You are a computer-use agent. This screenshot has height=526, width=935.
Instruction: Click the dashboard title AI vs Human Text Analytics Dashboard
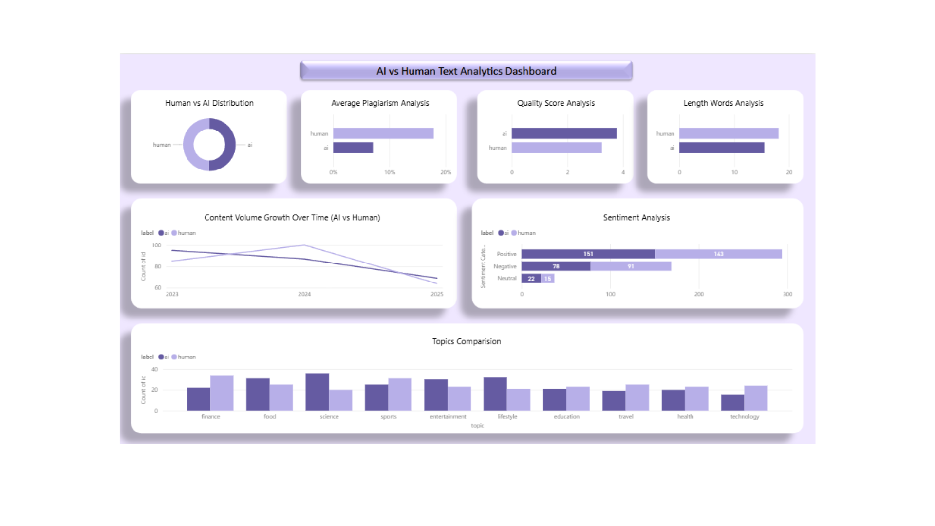(x=466, y=71)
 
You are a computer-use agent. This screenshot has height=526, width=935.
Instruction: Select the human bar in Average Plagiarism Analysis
(x=383, y=133)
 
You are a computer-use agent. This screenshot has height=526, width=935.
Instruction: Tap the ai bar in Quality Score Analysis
(x=564, y=133)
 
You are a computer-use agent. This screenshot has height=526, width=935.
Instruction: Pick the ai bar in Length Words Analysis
(x=721, y=148)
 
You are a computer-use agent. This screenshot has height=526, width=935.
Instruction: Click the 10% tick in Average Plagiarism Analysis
(x=390, y=172)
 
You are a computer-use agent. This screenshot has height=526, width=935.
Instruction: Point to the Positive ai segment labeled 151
(x=588, y=254)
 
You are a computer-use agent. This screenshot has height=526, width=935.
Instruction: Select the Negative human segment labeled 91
(x=631, y=266)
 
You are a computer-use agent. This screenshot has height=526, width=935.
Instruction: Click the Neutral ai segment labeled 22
(x=531, y=279)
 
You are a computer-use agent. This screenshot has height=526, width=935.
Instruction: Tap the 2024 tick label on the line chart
(x=304, y=294)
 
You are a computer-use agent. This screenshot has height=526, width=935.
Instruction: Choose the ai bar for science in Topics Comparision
(x=317, y=392)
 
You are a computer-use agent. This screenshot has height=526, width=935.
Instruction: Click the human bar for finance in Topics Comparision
(x=222, y=393)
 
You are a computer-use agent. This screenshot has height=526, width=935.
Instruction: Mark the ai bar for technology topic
(x=732, y=403)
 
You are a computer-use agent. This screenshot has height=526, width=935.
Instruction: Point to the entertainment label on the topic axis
(x=448, y=417)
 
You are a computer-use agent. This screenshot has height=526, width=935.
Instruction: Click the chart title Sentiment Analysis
(x=636, y=218)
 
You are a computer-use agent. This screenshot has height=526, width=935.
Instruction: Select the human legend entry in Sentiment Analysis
(x=524, y=233)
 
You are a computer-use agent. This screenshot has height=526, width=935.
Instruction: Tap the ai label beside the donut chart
(x=250, y=145)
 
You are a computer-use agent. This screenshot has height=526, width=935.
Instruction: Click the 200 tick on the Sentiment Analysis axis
(x=699, y=294)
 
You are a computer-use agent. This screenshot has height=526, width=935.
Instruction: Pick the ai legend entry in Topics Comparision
(x=164, y=357)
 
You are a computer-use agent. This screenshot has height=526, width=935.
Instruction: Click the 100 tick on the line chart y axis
(x=156, y=245)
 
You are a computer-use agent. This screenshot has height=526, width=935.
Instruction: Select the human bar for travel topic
(x=637, y=397)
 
